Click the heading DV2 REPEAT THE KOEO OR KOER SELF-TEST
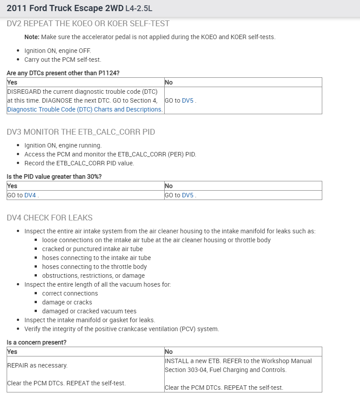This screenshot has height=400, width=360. [x=88, y=24]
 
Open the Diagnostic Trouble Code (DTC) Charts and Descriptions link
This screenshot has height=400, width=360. [x=84, y=109]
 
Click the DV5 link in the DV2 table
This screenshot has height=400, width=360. [x=187, y=100]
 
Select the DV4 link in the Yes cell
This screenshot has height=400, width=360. [x=30, y=195]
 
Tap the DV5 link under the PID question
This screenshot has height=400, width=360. [x=187, y=195]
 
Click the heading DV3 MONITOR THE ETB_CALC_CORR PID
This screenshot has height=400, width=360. [x=81, y=132]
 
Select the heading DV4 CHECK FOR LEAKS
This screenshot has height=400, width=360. [x=50, y=218]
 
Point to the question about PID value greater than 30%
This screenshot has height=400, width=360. [x=54, y=176]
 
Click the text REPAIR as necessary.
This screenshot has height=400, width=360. [x=37, y=365]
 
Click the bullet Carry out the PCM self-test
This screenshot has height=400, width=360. [x=63, y=60]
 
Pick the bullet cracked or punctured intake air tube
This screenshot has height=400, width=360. [x=92, y=249]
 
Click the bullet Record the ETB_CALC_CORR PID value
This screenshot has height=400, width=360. [x=79, y=163]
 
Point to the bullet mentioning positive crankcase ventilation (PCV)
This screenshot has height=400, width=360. [x=122, y=329]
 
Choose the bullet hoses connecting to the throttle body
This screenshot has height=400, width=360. [x=94, y=267]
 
